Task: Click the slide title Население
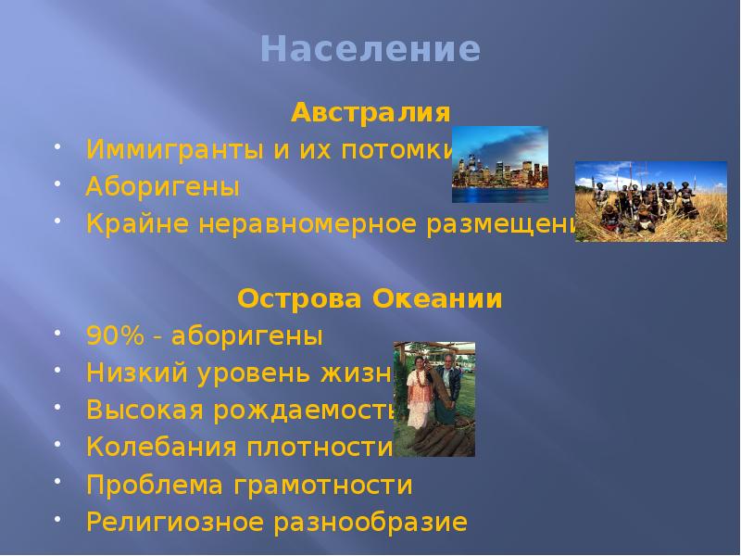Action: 370,49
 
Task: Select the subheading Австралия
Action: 370,113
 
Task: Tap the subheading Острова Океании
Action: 370,298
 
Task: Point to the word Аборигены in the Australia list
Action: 163,187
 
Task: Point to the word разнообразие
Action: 370,522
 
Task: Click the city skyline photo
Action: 499,164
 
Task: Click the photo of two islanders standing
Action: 433,398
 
